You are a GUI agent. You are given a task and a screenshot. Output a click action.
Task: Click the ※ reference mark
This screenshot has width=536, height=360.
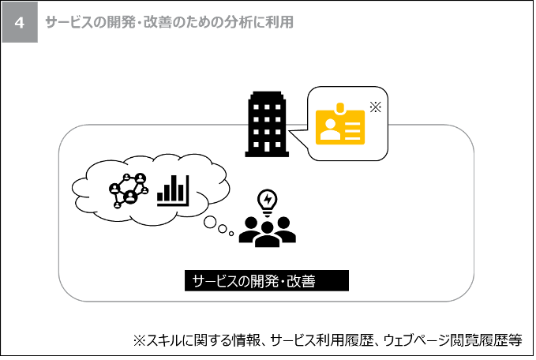pyautogui.click(x=375, y=107)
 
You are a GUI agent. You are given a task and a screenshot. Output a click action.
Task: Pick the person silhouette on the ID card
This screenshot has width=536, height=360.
pyautogui.click(x=330, y=128)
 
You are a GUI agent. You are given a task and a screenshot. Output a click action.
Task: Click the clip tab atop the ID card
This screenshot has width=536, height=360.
pyautogui.click(x=340, y=107)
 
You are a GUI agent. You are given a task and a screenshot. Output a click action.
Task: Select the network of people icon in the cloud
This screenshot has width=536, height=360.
pyautogui.click(x=129, y=189)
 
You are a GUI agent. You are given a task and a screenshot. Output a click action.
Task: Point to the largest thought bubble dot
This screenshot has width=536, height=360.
pyautogui.click(x=210, y=222)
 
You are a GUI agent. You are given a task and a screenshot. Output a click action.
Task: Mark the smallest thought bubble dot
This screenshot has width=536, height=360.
pyautogui.click(x=231, y=234)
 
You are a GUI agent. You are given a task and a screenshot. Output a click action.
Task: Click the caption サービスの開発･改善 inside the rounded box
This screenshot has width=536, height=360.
pyautogui.click(x=253, y=281)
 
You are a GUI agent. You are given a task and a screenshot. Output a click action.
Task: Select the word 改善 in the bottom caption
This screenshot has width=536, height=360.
pyautogui.click(x=301, y=281)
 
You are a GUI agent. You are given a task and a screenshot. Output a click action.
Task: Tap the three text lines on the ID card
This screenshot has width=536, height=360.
pyautogui.click(x=354, y=129)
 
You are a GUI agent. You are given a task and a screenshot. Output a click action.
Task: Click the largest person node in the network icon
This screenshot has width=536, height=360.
pyautogui.click(x=130, y=197)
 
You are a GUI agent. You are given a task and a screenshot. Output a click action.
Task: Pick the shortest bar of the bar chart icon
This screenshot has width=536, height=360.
pyautogui.click(x=160, y=197)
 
